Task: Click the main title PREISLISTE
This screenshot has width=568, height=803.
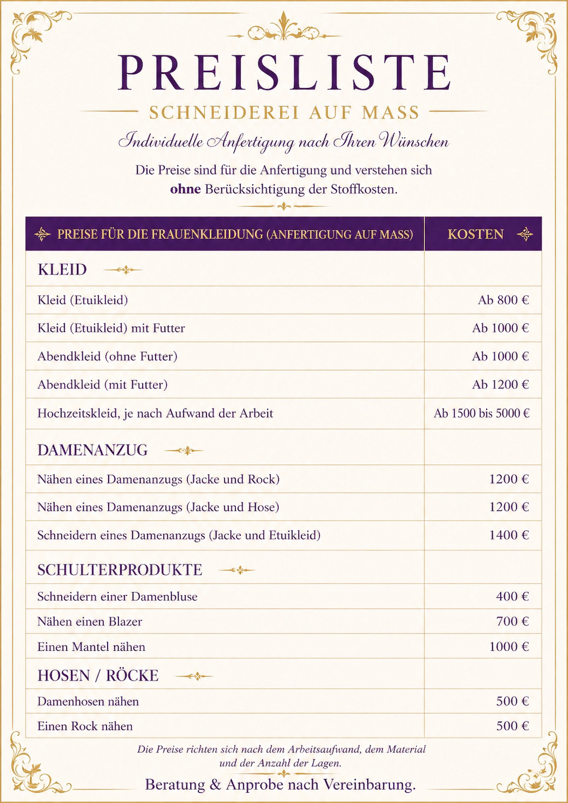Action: coord(284,73)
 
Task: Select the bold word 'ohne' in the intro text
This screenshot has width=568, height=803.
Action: coord(185,190)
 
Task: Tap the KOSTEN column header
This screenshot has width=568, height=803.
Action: coord(475,234)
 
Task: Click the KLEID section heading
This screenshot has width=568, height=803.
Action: coord(62,269)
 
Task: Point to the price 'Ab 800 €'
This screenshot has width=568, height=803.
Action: coord(503,300)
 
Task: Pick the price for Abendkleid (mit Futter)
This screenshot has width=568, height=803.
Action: coord(500,385)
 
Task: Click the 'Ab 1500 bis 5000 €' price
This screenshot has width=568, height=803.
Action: coord(481,414)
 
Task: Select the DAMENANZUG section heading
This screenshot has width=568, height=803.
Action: coord(92,450)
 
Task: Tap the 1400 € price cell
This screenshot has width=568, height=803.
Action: coord(508,535)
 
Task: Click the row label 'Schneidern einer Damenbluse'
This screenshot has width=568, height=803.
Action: coord(117,597)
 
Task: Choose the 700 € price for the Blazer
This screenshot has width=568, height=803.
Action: coord(512,622)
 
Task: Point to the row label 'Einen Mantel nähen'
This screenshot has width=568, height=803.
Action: coord(91,647)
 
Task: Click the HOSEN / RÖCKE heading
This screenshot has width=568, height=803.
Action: coord(98,676)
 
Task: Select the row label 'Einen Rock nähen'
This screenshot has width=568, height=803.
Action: coord(85,727)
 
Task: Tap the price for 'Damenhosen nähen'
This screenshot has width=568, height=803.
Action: coord(512,701)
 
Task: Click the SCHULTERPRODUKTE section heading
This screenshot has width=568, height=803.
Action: coord(120,570)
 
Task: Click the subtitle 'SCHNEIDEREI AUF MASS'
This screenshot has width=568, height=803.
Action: coord(284,113)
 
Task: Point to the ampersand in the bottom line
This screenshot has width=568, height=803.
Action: coord(215,785)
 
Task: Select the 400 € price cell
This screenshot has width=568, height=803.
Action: coord(512,597)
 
